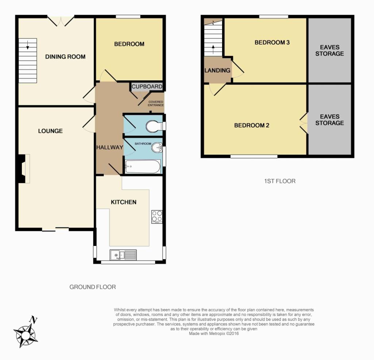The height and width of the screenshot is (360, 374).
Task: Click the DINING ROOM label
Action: point(65,57)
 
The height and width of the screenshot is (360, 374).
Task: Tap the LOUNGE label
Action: point(50,131)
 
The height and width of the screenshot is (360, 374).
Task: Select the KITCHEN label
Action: point(123,202)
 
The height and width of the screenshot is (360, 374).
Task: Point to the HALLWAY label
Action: point(110,147)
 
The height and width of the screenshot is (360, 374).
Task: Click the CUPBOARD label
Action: point(147,86)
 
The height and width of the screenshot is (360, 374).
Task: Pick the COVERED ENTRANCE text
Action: point(156,103)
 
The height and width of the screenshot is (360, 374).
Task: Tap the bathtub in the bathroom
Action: point(143,166)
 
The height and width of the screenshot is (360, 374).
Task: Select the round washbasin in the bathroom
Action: point(157,147)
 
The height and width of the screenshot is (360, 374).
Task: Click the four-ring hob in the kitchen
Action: point(157,217)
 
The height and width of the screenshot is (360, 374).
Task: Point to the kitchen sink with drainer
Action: point(123,255)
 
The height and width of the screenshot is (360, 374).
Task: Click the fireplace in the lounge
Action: point(23,169)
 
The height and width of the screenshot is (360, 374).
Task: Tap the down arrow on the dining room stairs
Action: point(28,45)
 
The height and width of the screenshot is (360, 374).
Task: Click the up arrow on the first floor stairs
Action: point(213,49)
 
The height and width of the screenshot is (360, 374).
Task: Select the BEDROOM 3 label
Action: point(272,42)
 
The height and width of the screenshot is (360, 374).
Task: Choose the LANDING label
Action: point(217,71)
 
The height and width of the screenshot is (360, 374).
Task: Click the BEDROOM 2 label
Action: point(252,125)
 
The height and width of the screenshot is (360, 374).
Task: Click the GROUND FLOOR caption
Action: point(92,287)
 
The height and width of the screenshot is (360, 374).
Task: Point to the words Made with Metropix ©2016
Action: point(214,333)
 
